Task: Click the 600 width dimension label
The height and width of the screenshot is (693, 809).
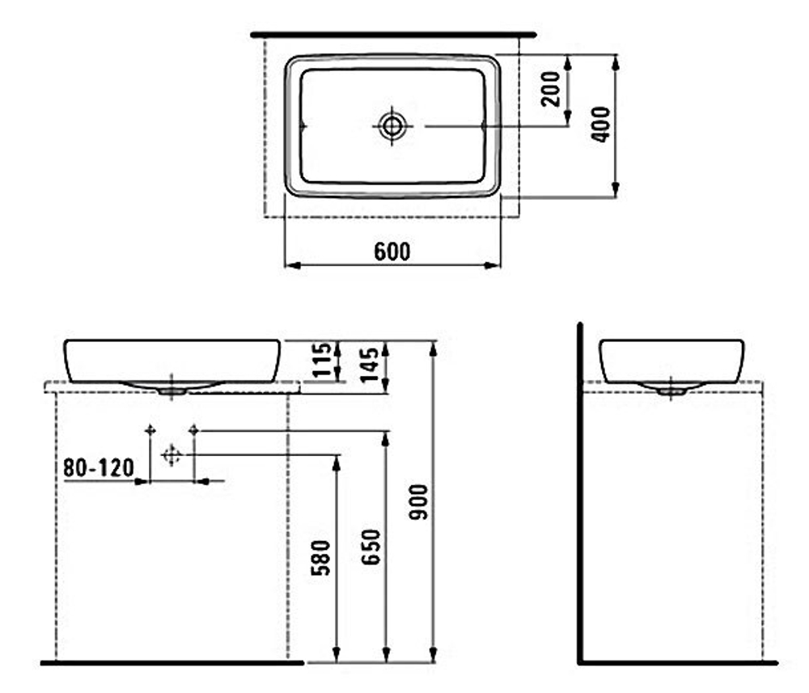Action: pos(392,251)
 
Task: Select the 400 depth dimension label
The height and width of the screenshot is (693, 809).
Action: pos(599,124)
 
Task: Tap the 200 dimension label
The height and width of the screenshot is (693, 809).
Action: pos(551,88)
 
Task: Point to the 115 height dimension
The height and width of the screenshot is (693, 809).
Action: pos(322,360)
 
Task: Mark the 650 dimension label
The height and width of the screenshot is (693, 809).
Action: pos(371,547)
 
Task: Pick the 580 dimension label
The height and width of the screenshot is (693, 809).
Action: pos(321,558)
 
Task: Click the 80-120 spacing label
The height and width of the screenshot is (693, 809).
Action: pos(98,467)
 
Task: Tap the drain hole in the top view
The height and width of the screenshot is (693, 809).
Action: pos(392,125)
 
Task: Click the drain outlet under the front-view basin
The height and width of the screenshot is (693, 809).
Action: pos(172,390)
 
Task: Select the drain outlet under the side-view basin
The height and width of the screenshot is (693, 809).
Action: pos(671,390)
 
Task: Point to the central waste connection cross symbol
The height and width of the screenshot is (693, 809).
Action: pos(171,455)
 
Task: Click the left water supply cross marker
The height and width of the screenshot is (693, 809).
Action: pos(149,430)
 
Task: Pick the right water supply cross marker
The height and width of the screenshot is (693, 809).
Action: pos(193,430)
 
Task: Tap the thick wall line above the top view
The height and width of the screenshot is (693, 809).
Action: pos(393,35)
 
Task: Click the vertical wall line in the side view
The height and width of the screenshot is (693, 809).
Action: pos(580,493)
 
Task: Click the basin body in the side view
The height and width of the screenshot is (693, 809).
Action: pos(671,360)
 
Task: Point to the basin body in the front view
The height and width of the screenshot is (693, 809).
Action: pos(172,360)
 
